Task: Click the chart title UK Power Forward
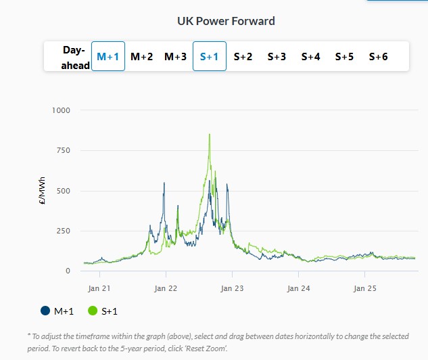(226, 21)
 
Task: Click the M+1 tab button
(108, 57)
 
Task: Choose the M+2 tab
(142, 57)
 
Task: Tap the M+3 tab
(176, 57)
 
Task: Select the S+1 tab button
(210, 57)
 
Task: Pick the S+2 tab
(243, 57)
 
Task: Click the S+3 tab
(277, 57)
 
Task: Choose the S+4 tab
(310, 57)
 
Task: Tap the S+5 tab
(344, 57)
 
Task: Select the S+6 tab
(378, 57)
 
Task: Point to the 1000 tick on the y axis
(61, 110)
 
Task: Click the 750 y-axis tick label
(63, 150)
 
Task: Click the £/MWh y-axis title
(43, 190)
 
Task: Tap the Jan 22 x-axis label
(166, 288)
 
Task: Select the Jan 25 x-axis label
(365, 288)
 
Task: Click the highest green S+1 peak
(210, 135)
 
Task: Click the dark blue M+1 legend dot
(45, 311)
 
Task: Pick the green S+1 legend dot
(93, 311)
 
